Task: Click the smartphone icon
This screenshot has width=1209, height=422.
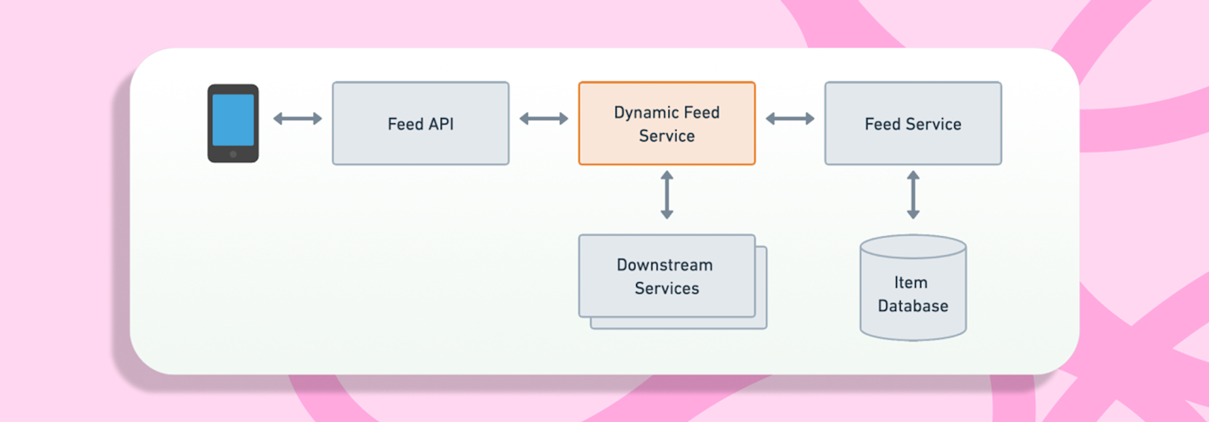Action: pyautogui.click(x=233, y=123)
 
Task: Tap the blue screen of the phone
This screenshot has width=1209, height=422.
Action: pyautogui.click(x=233, y=119)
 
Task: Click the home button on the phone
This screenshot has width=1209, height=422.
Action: pyautogui.click(x=233, y=154)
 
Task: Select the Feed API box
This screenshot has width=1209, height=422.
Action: pyautogui.click(x=420, y=123)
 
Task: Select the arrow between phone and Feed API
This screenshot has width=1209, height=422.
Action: pyautogui.click(x=297, y=119)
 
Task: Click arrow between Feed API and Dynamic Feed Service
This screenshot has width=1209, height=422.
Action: pyautogui.click(x=543, y=119)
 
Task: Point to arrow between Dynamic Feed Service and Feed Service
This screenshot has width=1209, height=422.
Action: pyautogui.click(x=790, y=119)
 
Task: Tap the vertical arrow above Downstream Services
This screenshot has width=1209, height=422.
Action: pyautogui.click(x=666, y=195)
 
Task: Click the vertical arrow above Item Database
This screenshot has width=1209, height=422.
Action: pyautogui.click(x=913, y=195)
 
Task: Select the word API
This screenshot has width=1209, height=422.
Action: pyautogui.click(x=441, y=124)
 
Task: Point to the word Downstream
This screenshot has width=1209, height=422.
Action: pyautogui.click(x=664, y=265)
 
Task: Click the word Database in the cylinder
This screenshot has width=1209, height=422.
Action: pyautogui.click(x=913, y=306)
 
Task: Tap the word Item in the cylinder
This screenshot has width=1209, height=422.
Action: pyautogui.click(x=911, y=283)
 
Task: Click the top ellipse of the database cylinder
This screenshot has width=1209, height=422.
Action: pyautogui.click(x=913, y=247)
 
